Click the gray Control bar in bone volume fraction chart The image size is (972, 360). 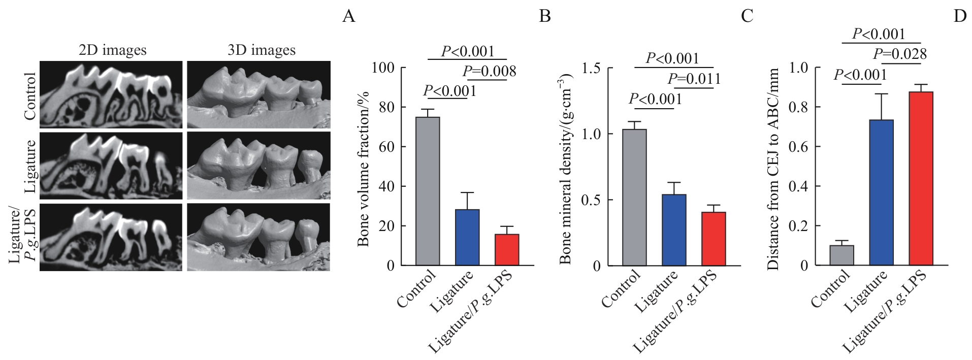[x=428, y=191]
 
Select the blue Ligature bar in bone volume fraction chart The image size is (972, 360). [x=467, y=237]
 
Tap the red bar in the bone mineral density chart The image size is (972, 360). [x=714, y=239]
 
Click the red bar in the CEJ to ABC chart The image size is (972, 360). [x=921, y=178]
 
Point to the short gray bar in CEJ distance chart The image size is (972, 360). [x=841, y=255]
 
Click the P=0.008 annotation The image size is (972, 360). [x=489, y=72]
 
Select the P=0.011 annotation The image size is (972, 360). [x=694, y=79]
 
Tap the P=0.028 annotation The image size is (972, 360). [x=899, y=54]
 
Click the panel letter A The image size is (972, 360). [x=348, y=16]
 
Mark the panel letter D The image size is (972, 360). [x=959, y=16]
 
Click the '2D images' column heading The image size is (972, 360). [x=112, y=50]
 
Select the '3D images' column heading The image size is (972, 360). [x=261, y=50]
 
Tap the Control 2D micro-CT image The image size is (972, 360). [x=111, y=94]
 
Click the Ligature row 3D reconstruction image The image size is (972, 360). [x=258, y=166]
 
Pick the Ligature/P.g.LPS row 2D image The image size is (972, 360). [x=111, y=237]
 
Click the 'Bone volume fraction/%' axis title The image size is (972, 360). [x=363, y=169]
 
